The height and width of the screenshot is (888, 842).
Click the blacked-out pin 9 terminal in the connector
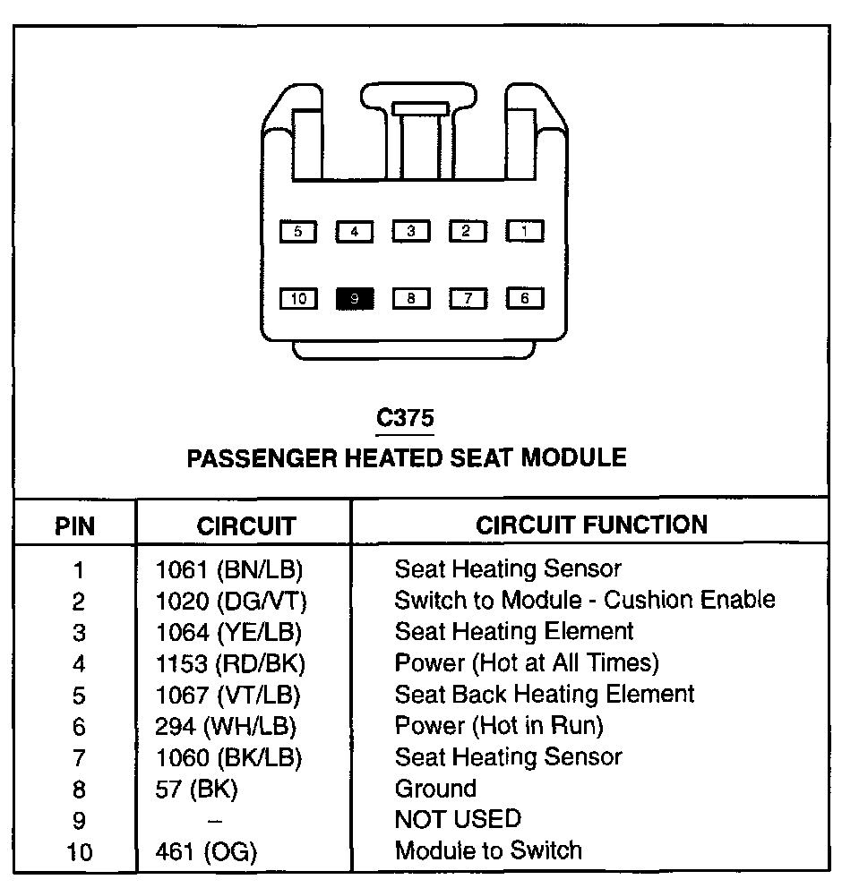pos(355,299)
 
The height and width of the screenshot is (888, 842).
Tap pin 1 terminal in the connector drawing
pos(525,231)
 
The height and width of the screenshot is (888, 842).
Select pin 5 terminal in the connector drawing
pos(298,232)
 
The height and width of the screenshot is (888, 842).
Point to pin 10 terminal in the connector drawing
pos(298,299)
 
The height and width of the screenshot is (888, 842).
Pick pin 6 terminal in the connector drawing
pos(525,298)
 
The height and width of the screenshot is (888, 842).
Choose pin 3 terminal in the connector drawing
pos(411,231)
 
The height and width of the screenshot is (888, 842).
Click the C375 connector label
pos(405,418)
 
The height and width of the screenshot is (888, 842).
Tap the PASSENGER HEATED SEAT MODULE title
pos(406,457)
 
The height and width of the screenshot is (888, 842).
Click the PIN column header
pos(74,525)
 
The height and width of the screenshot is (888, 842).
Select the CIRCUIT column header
pos(245,525)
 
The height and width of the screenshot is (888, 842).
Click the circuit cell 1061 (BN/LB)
pos(229,568)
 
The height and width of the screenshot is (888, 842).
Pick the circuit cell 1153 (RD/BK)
pos(230,663)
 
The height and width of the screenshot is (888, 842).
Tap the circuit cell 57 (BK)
pos(196,789)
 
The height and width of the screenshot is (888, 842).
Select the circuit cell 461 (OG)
pos(205,851)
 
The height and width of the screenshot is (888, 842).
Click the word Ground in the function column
pos(435,789)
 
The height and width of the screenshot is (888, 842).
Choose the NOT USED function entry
pos(457,819)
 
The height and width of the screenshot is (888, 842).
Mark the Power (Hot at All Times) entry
pos(527,663)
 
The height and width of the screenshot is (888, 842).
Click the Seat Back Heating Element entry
pos(545,694)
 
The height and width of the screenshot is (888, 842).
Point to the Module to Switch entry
pos(488,850)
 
